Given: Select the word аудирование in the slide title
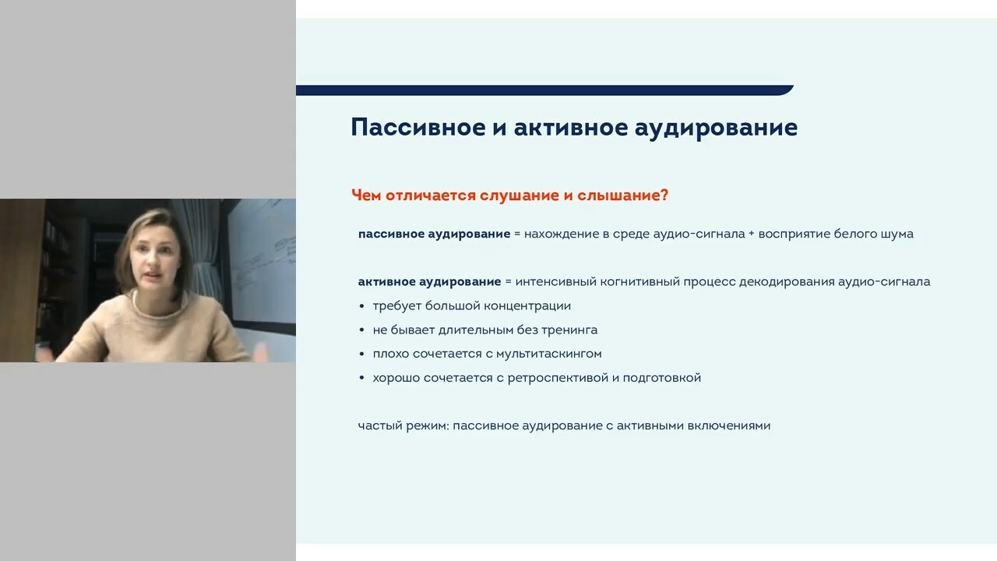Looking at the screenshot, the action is click(x=716, y=129).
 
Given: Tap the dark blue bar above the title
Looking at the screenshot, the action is click(x=544, y=90).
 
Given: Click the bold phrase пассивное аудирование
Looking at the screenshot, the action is click(x=434, y=235).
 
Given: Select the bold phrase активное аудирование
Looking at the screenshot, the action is click(x=429, y=282).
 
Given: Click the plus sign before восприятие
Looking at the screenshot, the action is click(x=752, y=235).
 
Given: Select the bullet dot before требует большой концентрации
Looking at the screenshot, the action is click(x=361, y=306).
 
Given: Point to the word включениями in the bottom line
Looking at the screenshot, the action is click(x=729, y=425).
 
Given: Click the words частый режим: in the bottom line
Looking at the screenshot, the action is click(x=403, y=426).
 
